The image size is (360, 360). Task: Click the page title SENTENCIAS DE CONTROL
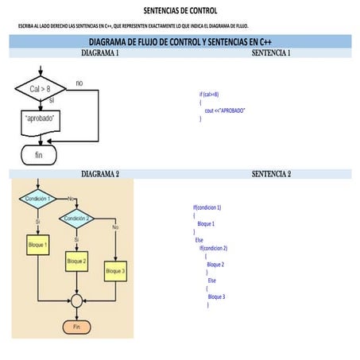[x=180, y=11]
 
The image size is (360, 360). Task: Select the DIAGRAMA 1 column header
[x=100, y=52]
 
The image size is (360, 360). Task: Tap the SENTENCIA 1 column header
[x=270, y=52]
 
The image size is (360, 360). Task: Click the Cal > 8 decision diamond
[x=40, y=89]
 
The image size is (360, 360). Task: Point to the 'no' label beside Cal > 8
[x=79, y=83]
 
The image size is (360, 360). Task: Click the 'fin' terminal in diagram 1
[x=39, y=154]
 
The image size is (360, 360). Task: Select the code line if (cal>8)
[x=209, y=94]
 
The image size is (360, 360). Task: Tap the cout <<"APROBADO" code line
[x=225, y=110]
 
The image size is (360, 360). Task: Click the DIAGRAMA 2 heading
[x=100, y=173]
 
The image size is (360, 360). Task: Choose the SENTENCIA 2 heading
[x=271, y=173]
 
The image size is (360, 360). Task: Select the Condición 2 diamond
[x=76, y=218]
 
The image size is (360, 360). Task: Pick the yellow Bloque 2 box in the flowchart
[x=77, y=261]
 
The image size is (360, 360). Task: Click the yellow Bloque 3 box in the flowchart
[x=115, y=271]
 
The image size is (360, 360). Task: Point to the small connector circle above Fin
[x=77, y=301]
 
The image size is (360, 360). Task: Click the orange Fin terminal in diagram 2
[x=77, y=327]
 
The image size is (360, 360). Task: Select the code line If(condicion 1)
[x=207, y=207]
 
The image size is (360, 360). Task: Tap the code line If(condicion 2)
[x=215, y=248]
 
